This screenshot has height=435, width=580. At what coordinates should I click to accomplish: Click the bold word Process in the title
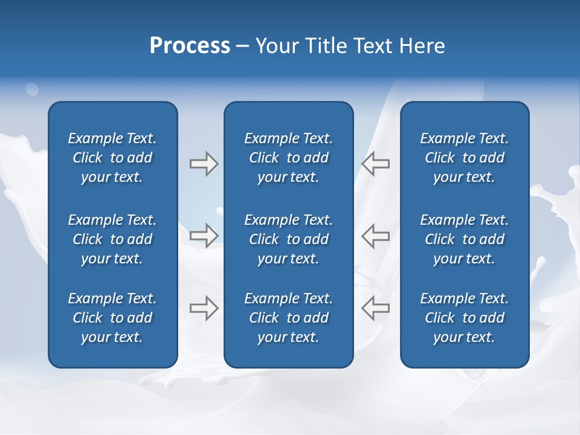pyautogui.click(x=190, y=46)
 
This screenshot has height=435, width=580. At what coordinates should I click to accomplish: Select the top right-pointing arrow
pyautogui.click(x=204, y=164)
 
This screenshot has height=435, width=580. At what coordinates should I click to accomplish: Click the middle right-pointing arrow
pyautogui.click(x=204, y=235)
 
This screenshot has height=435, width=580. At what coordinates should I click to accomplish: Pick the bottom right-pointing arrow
pyautogui.click(x=204, y=308)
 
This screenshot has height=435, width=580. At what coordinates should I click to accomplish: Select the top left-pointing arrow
pyautogui.click(x=376, y=164)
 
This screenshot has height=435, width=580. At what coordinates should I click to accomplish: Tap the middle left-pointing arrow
pyautogui.click(x=376, y=235)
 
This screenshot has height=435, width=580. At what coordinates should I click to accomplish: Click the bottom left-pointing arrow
pyautogui.click(x=376, y=308)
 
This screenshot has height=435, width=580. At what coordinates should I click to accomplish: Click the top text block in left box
pyautogui.click(x=112, y=158)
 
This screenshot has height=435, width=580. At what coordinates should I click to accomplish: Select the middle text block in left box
pyautogui.click(x=112, y=239)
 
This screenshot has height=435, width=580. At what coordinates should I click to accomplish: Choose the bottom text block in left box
pyautogui.click(x=112, y=318)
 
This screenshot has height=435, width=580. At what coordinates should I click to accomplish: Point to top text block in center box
pyautogui.click(x=289, y=158)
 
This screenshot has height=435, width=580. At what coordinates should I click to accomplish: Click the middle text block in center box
pyautogui.click(x=289, y=239)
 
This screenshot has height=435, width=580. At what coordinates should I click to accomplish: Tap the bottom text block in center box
pyautogui.click(x=289, y=318)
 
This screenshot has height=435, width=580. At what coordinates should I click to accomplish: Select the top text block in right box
pyautogui.click(x=465, y=158)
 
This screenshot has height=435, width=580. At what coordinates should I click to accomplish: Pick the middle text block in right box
pyautogui.click(x=465, y=239)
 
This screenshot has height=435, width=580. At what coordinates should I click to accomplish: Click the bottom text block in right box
pyautogui.click(x=465, y=318)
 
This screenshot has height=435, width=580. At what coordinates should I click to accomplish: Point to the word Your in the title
pyautogui.click(x=275, y=46)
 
